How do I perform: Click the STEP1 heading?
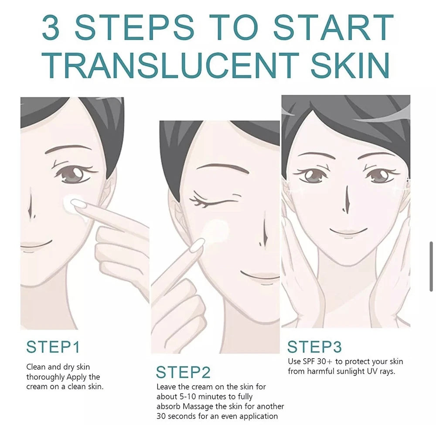coord(53,347)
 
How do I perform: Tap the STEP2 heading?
coord(183,372)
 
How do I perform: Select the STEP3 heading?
coord(314,347)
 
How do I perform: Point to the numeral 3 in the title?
coord(51,27)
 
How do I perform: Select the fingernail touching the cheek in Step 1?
coord(78,203)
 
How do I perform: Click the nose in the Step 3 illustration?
coord(347,199)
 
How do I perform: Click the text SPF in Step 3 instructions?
coord(309,361)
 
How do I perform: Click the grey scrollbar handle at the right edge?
coord(431,267)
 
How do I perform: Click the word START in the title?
coord(334,27)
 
